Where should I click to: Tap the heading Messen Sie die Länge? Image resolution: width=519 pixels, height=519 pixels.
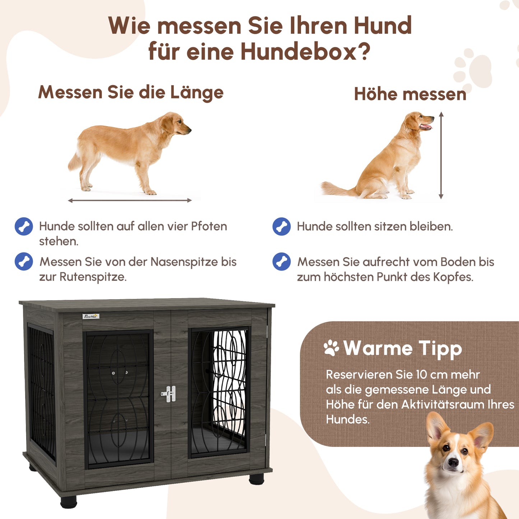[x=131, y=92]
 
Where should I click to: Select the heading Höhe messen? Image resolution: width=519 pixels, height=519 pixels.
[x=410, y=94]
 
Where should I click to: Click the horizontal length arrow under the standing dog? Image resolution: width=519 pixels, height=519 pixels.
[x=130, y=200]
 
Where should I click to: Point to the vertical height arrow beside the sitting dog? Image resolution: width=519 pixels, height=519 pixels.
[x=441, y=155]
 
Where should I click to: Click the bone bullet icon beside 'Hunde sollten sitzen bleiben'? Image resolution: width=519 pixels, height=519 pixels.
[x=282, y=227]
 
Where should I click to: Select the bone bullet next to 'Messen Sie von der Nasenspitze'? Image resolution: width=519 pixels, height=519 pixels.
[x=24, y=261]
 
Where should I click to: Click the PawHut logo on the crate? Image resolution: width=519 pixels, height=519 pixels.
[x=91, y=316]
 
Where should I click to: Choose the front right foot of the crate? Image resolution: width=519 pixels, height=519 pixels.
[x=256, y=478]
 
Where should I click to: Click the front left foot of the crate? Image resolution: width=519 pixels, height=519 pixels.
[x=69, y=501]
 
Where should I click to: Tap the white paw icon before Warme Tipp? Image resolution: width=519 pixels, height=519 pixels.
[x=331, y=348]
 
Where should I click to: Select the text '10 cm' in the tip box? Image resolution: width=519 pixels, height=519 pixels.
[x=431, y=375]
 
